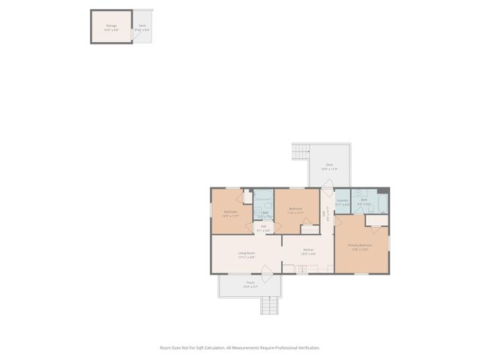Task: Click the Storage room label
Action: click(x=111, y=26)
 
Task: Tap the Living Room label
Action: click(x=247, y=254)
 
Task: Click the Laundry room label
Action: click(x=342, y=201)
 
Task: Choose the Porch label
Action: click(x=250, y=283)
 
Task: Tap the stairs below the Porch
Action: click(x=269, y=305)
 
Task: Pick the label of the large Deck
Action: click(x=328, y=166)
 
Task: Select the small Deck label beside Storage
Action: click(x=142, y=26)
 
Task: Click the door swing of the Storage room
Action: click(x=136, y=35)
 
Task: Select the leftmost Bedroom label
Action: click(x=231, y=213)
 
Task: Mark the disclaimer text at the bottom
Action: click(x=240, y=348)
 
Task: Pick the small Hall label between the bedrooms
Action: click(x=263, y=228)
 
